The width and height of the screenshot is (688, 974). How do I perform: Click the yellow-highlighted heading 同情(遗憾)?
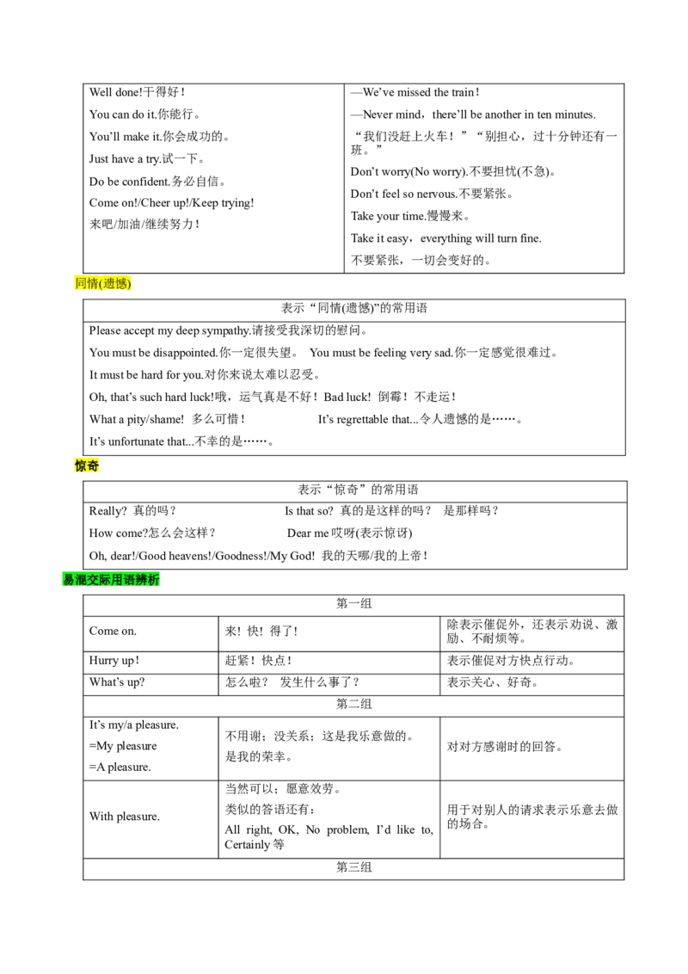tap(103, 283)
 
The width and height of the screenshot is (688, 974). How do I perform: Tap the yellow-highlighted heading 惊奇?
tap(87, 465)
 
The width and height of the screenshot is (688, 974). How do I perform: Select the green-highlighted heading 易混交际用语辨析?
tap(111, 580)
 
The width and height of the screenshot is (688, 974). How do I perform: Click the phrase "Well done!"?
tap(116, 93)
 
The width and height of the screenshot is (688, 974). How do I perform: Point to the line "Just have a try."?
tap(125, 159)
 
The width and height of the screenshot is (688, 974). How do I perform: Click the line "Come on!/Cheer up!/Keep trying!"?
tap(171, 203)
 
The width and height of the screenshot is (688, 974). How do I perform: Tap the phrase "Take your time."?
tap(388, 216)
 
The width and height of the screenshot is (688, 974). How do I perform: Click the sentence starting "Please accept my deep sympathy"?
tap(169, 330)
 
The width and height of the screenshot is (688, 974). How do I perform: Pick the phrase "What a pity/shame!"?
tap(137, 419)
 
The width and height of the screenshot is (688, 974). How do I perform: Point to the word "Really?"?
tap(108, 510)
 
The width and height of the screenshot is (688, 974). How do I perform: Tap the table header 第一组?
tap(354, 604)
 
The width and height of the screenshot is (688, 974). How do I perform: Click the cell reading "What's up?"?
tap(150, 684)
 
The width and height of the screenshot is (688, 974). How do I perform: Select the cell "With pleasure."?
tap(150, 818)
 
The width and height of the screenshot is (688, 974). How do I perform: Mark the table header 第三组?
tap(354, 868)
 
